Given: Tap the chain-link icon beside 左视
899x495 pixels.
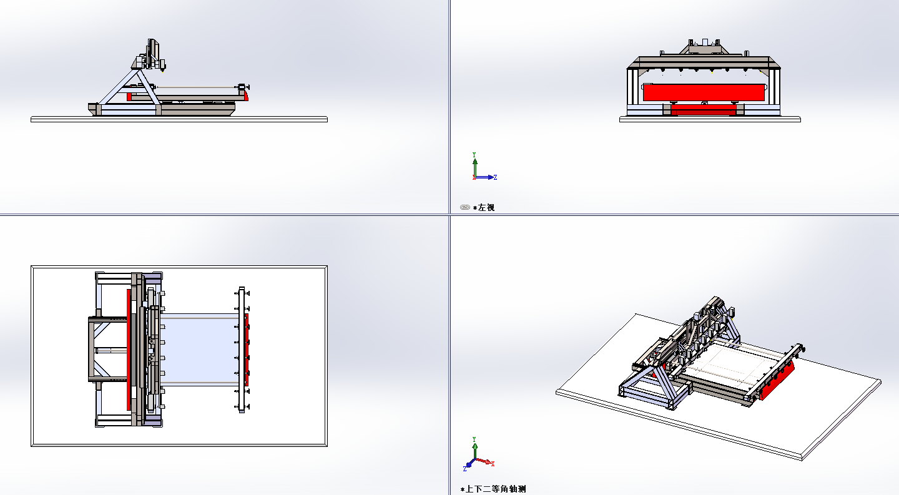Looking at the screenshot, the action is [464, 207].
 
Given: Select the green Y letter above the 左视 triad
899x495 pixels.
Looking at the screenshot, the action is [474, 154].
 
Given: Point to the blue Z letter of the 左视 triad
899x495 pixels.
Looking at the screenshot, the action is [495, 177].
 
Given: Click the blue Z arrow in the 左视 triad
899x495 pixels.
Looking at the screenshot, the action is [484, 177].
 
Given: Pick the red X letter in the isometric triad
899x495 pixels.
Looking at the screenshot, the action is [493, 464].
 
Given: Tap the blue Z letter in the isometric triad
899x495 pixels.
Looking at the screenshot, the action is [464, 469].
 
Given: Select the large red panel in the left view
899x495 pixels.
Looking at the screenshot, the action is [704, 92].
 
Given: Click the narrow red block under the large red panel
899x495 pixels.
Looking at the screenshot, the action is [703, 109].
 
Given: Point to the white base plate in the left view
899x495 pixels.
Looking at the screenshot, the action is [710, 119].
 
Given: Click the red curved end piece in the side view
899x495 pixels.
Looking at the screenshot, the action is [245, 96].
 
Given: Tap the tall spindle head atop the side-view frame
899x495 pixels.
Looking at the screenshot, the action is [153, 52].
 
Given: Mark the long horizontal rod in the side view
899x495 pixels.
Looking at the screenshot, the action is [197, 87].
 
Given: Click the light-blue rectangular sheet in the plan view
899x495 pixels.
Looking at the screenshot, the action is [200, 350].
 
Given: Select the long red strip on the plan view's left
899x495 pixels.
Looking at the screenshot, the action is [129, 350].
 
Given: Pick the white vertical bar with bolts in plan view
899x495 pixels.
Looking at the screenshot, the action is [242, 350].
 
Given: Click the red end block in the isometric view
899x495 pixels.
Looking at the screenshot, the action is [777, 380].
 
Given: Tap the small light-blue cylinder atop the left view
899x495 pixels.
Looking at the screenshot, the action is [705, 42].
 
